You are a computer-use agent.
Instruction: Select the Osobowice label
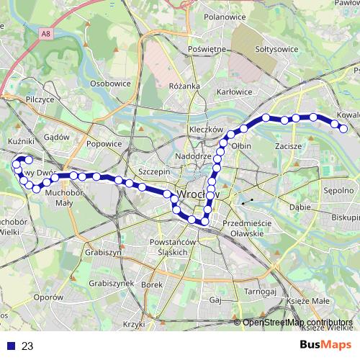110,83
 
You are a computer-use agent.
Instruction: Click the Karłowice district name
235,91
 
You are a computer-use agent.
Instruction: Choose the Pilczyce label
39,99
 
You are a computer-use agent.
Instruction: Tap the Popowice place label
104,143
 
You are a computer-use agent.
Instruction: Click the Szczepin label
153,172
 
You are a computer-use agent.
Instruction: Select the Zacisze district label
287,145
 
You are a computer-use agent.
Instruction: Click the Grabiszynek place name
110,283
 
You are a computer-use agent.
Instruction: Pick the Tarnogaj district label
260,292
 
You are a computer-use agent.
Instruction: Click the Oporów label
48,297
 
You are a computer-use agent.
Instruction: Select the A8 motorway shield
47,32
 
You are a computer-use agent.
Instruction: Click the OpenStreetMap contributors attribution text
297,322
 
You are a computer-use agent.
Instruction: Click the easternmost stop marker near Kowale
343,129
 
